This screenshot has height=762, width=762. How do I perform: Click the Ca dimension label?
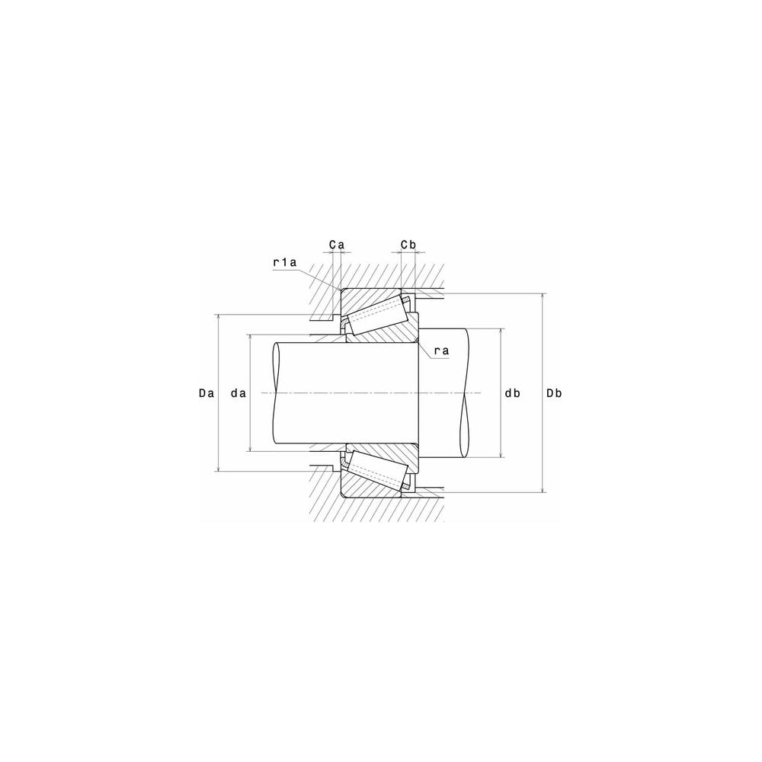coord(336,245)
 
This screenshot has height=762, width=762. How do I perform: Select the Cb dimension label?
coord(408,245)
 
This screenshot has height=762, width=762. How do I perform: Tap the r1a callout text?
coord(285,263)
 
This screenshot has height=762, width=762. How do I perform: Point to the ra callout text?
coord(441,351)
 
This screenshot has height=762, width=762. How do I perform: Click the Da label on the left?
coord(207,394)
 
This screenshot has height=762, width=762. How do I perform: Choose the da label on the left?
coord(238,394)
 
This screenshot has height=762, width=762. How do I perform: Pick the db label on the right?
coord(512,393)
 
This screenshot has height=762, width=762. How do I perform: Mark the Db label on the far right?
coord(554,393)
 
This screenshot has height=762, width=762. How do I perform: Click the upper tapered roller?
coord(378,315)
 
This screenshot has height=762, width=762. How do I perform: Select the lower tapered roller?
coord(378,471)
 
